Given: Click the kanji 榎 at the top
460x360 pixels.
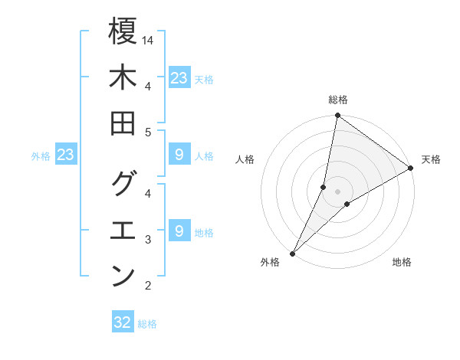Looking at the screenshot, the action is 123,33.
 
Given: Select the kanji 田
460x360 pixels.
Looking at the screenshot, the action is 123,124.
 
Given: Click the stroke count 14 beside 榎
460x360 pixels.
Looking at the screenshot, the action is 149,40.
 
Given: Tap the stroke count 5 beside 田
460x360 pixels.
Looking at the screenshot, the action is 148,133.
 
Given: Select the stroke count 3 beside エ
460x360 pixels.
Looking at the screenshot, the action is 148,240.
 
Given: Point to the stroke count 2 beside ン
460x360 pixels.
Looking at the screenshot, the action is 148,286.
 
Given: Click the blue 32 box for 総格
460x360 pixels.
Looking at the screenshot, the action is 123,322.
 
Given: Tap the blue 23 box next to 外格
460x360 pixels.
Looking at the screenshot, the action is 66,155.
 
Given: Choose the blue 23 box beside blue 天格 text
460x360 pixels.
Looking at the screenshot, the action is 179,78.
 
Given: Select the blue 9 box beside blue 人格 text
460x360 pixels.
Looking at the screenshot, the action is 179,155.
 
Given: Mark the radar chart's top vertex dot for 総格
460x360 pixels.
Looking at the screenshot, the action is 337,116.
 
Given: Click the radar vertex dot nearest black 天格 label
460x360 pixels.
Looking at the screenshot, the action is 411,169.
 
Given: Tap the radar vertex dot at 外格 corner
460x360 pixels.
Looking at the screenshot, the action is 292,253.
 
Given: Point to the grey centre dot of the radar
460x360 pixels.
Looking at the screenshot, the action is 337,191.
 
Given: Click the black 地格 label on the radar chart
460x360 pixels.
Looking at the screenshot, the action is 402,263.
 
